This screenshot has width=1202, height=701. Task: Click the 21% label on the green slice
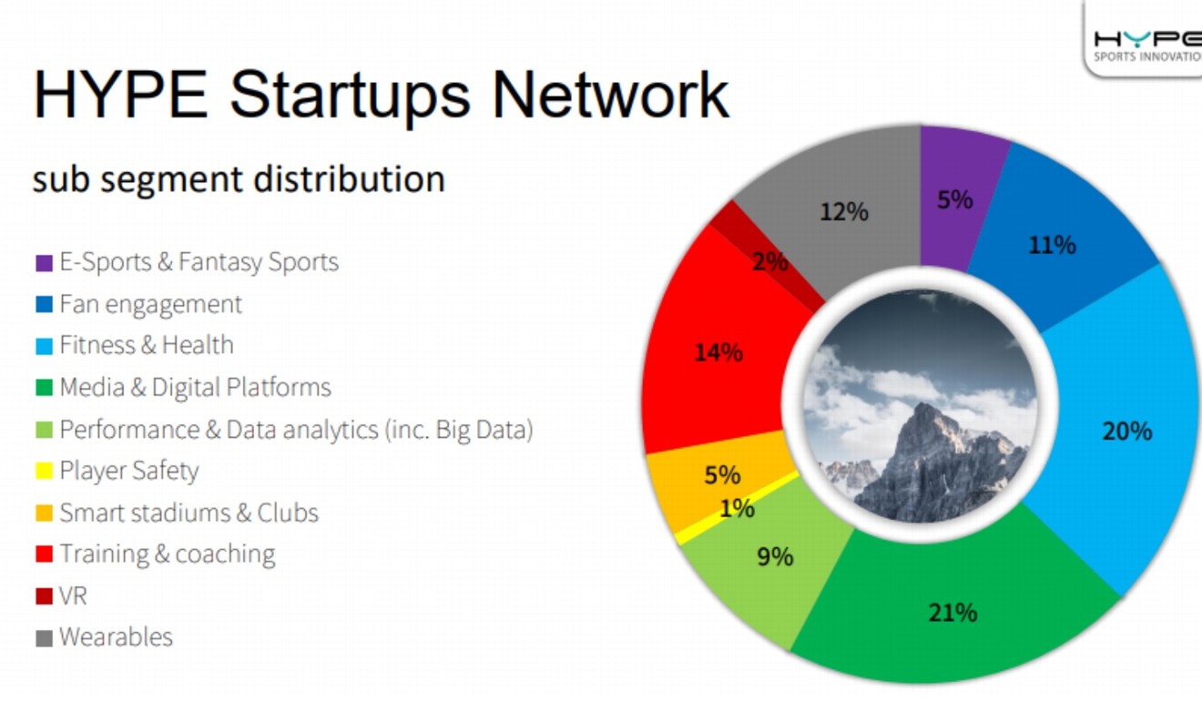coord(952,613)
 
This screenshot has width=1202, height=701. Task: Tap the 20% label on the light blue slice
coord(1126,431)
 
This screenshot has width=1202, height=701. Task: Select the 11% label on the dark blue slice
coord(1052,245)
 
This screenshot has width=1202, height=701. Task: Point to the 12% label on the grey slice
coord(844,212)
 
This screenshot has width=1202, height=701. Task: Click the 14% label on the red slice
coord(718,352)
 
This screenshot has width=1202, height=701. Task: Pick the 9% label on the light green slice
coord(775,555)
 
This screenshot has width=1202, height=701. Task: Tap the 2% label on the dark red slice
coord(769,262)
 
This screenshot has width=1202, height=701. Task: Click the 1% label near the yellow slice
coord(736,509)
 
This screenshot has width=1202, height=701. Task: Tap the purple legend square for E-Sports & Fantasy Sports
coord(44,263)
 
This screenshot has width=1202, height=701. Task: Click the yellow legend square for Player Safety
coord(44,472)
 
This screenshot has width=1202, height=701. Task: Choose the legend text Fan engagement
coord(151,304)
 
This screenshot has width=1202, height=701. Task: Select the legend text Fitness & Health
coord(147,346)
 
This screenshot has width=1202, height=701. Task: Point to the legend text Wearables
coord(116,637)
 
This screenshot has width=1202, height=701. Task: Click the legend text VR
coord(73,596)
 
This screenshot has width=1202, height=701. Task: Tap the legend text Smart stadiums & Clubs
coord(188,513)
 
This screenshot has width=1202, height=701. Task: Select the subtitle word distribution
coord(350,178)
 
